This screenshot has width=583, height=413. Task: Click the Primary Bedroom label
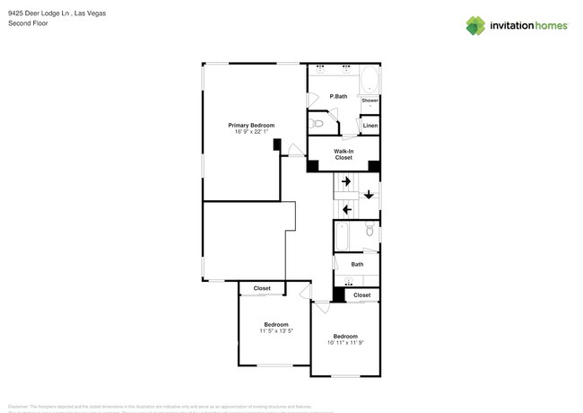tap(251, 125)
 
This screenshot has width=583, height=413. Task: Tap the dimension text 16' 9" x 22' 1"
tap(251, 132)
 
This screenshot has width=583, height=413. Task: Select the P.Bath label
tap(338, 96)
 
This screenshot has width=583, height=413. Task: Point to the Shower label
tap(370, 101)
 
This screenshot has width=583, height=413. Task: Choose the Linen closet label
tap(370, 126)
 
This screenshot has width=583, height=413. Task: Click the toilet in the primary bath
tap(318, 123)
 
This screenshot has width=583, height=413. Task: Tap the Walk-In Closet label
tap(344, 154)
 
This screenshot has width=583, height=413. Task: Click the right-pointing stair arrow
tap(346, 181)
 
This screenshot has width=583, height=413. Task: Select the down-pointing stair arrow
tap(368, 194)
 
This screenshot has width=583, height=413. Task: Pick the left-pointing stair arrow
tap(346, 210)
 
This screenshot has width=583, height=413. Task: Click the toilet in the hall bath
tap(370, 233)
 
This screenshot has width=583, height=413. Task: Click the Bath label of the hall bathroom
tap(357, 264)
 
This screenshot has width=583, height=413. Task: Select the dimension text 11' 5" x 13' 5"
tap(276, 331)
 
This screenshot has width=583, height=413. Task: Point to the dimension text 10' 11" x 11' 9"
tap(345, 342)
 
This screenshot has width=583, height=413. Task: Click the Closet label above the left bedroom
tap(262, 288)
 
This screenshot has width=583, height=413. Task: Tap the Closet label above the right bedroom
tap(361, 294)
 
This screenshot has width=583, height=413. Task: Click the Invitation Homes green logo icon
tap(475, 25)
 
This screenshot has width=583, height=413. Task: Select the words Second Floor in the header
tap(28, 23)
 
